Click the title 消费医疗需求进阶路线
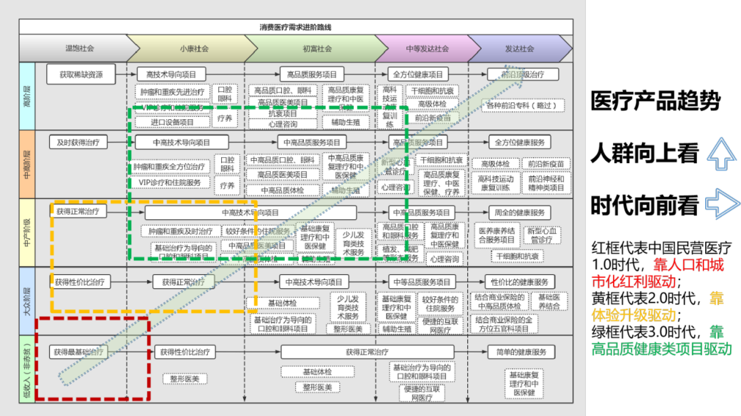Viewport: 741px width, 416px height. coord(295,27)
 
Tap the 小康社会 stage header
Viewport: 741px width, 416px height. coord(193,49)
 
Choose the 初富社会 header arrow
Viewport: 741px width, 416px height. coord(317,49)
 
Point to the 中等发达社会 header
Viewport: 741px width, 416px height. coord(427,49)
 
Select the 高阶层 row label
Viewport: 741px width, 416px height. coord(27,96)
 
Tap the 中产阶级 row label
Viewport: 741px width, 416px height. coord(27,232)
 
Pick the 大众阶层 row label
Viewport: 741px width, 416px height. coord(27,300)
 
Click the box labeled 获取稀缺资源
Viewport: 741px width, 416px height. coord(81,74)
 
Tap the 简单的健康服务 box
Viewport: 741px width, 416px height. coord(521,352)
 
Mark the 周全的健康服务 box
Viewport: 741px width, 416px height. coord(521,213)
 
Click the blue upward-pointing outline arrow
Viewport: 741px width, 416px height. coord(722,153)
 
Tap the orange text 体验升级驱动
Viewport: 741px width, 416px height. coord(633,315)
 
